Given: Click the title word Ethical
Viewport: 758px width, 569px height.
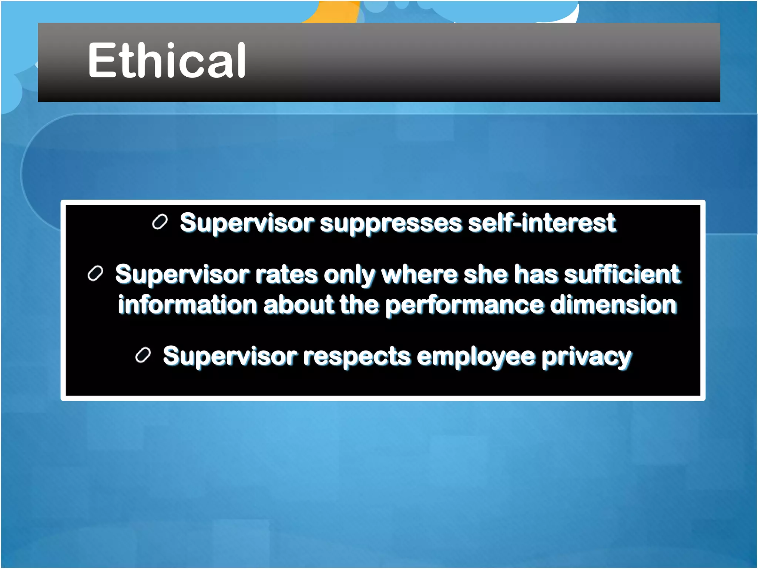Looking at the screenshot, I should coord(167,60).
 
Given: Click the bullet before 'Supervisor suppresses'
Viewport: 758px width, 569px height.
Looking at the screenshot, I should coord(160,222).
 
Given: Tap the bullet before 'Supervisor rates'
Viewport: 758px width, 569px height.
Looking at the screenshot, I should coord(95,274).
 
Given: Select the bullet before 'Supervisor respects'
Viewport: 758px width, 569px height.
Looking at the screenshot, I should coord(143,356).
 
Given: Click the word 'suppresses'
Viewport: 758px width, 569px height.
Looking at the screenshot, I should coord(391,224).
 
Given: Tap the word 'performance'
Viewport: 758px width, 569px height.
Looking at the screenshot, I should coord(464,306).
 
